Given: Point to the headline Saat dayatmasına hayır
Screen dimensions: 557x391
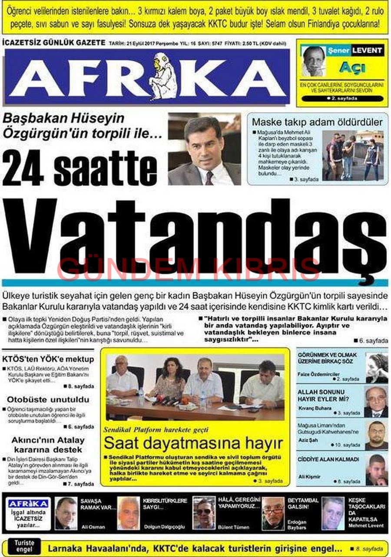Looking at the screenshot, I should click(x=193, y=444).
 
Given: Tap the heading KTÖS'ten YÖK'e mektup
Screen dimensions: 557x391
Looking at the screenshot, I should click(x=48, y=359).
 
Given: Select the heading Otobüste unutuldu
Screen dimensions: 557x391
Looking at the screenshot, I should click(x=48, y=399).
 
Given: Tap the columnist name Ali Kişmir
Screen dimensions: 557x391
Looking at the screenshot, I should click(x=309, y=477).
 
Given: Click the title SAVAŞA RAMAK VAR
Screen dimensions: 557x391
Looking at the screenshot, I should click(x=98, y=504).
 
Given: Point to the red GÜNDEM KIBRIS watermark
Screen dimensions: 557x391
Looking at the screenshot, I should click(x=189, y=269).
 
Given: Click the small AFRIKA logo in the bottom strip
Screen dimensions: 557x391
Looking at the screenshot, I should click(x=29, y=504).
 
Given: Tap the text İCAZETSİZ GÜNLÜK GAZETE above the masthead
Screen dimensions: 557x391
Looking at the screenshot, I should click(x=54, y=43).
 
